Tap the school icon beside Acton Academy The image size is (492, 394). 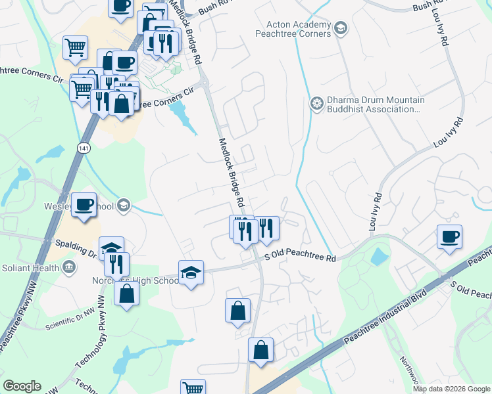340,28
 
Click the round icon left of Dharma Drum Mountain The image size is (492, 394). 317,104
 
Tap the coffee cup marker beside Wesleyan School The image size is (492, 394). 84,204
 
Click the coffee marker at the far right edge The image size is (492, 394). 449,236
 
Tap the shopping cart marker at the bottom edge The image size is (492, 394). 193,388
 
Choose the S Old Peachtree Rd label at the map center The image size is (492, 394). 301,259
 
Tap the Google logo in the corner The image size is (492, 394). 22,386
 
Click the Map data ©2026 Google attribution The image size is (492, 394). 451,389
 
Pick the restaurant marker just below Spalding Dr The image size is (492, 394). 116,263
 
